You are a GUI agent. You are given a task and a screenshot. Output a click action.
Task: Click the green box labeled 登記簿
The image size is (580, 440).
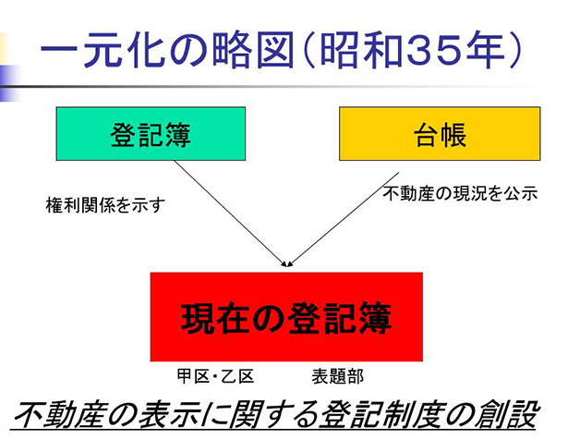click(x=151, y=134)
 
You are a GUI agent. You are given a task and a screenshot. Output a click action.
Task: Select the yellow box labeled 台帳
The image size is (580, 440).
click(x=440, y=134)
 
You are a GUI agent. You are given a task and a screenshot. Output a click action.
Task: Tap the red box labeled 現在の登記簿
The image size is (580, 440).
click(x=286, y=317)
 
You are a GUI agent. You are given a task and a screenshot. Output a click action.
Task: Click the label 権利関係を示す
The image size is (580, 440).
click(x=105, y=205)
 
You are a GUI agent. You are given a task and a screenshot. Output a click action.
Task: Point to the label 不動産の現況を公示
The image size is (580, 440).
click(x=460, y=193)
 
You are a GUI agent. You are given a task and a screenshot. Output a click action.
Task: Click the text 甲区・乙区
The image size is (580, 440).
click(x=215, y=376)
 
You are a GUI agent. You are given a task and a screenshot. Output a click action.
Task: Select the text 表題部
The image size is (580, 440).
click(x=338, y=376)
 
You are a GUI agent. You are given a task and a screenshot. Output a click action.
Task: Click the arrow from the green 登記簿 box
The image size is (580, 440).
click(x=230, y=214)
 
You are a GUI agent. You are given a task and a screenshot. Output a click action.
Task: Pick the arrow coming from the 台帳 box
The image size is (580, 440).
click(x=344, y=219)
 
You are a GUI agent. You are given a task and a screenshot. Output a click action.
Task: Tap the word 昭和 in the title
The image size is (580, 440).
click(x=360, y=50)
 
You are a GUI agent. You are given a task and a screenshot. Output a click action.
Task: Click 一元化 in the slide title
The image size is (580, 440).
click(x=103, y=50)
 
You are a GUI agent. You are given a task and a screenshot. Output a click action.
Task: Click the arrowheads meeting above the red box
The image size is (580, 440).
click(x=287, y=263)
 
